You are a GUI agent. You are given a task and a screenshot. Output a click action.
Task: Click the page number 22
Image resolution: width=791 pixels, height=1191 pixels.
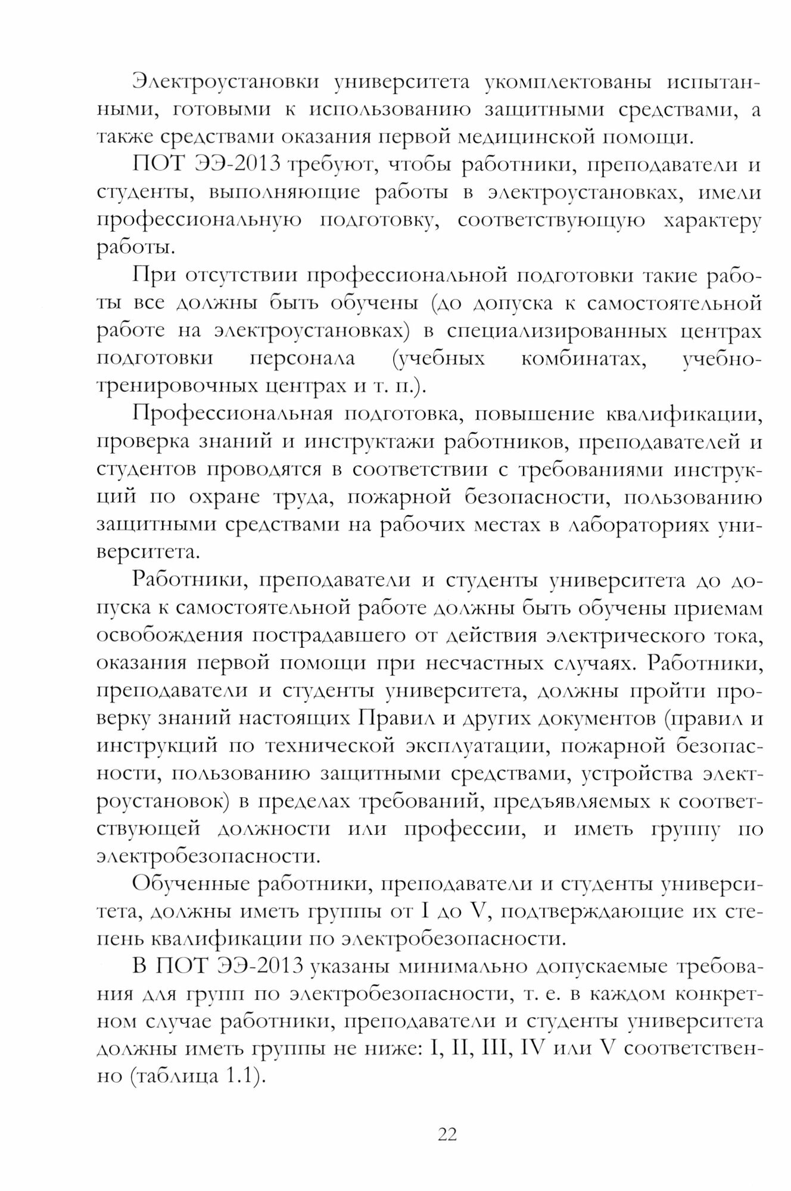pyautogui.click(x=447, y=1134)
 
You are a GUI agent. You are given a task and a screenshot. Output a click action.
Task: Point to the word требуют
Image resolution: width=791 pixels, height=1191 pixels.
pyautogui.click(x=331, y=165)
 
